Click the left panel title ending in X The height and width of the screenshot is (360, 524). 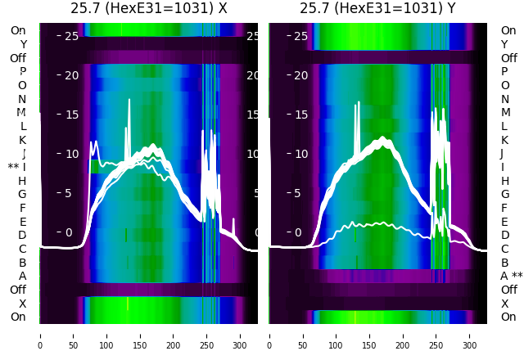[x=148, y=9]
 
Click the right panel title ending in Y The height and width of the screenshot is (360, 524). [x=377, y=9]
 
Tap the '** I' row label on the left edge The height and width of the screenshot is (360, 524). [x=17, y=167]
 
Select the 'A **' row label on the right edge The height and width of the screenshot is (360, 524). [x=511, y=277]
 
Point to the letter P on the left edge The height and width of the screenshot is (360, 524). [x=23, y=72]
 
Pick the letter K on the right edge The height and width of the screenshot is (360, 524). [x=504, y=140]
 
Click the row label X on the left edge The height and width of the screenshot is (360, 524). [x=23, y=304]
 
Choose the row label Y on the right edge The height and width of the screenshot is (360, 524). [x=504, y=44]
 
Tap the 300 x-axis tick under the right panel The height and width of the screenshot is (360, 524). [x=470, y=335]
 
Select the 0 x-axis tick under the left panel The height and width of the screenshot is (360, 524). [x=39, y=335]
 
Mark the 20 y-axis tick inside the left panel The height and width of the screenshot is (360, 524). [x=71, y=75]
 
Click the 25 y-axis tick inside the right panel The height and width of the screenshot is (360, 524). [x=300, y=36]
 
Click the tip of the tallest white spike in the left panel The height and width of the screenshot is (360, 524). [x=129, y=99]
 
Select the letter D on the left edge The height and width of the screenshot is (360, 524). [x=23, y=236]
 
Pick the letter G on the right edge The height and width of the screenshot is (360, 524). [x=504, y=195]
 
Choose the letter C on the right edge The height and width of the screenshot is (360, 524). [x=504, y=249]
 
